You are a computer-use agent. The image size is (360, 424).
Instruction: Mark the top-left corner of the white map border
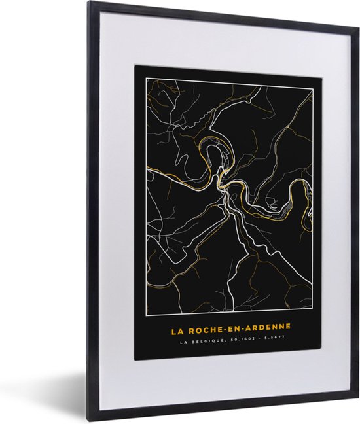tap(143, 75)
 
